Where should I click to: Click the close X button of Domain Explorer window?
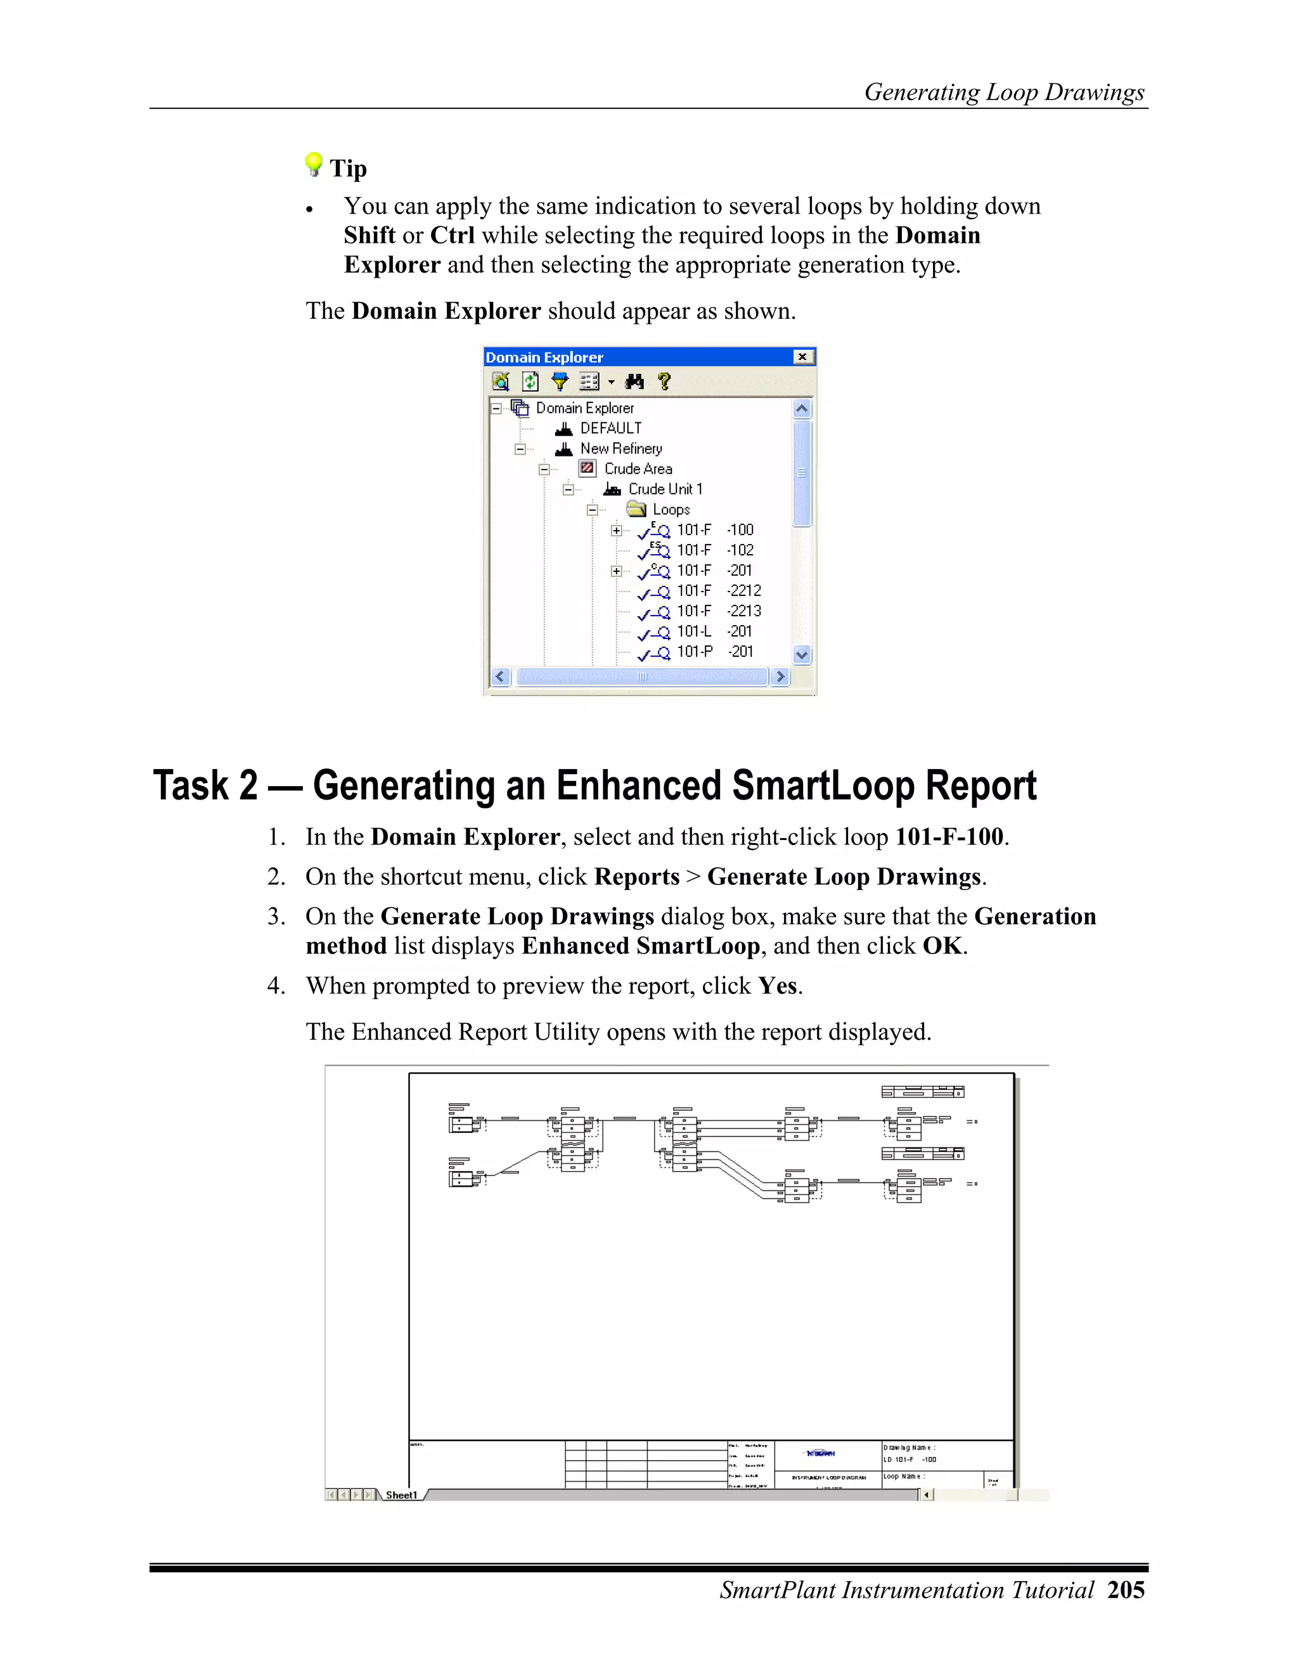click(802, 357)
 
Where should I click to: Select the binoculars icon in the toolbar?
click(634, 382)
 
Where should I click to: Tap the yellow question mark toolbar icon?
click(664, 382)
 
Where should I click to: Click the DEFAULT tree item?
click(610, 429)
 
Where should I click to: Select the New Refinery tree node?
click(620, 448)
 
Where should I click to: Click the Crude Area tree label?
click(638, 468)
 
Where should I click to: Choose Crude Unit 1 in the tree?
click(664, 489)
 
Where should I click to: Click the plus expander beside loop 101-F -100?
click(616, 530)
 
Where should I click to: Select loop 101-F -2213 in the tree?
click(718, 611)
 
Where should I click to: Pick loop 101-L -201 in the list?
click(714, 631)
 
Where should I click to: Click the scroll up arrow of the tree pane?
click(801, 408)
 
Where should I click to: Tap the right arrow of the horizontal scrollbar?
click(780, 676)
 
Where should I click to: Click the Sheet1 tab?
click(401, 1495)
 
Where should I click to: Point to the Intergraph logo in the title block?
click(821, 1453)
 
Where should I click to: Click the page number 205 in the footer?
click(1126, 1590)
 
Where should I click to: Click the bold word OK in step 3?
click(942, 945)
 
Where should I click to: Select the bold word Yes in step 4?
click(776, 985)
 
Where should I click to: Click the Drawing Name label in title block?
click(908, 1447)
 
